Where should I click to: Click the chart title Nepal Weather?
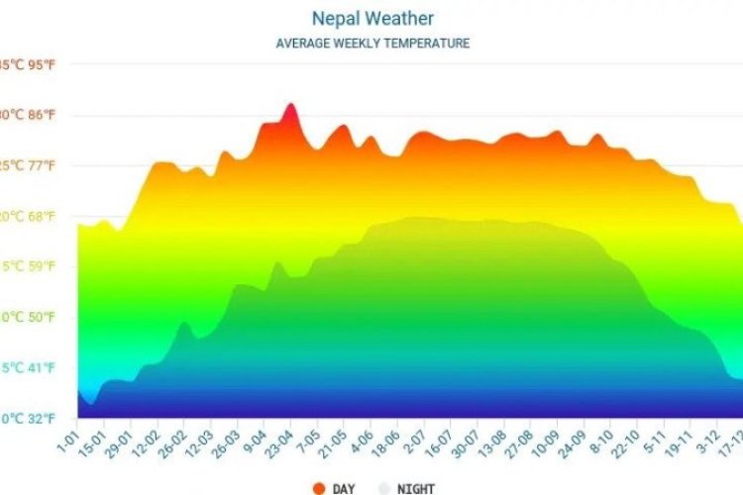[372, 19]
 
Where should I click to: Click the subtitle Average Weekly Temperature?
[372, 44]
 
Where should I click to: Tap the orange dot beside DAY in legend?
[319, 487]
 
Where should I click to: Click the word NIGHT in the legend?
[415, 488]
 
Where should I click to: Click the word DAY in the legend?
[344, 488]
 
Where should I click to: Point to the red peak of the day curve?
[290, 105]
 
